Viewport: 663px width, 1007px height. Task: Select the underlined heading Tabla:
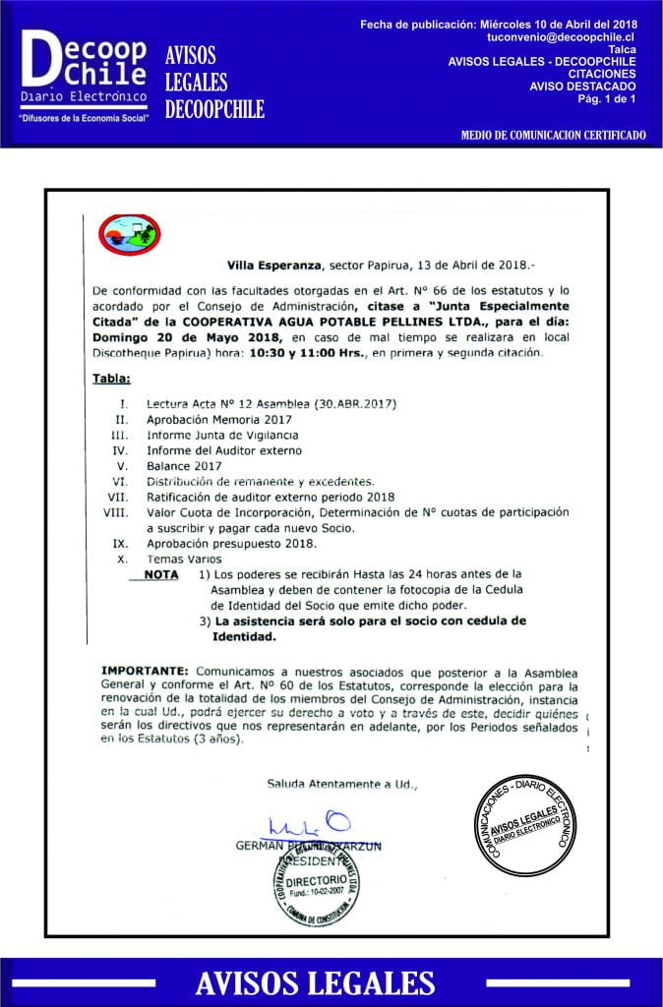pyautogui.click(x=111, y=378)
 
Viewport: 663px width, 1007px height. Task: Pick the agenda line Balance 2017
pyautogui.click(x=184, y=465)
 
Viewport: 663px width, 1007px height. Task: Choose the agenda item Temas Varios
pyautogui.click(x=182, y=559)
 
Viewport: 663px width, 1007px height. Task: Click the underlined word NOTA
pyautogui.click(x=160, y=574)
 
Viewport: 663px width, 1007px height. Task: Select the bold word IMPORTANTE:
pyautogui.click(x=146, y=669)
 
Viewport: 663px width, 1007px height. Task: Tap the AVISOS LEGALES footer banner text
pyautogui.click(x=315, y=981)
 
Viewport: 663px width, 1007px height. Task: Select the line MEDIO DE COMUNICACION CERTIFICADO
pyautogui.click(x=553, y=135)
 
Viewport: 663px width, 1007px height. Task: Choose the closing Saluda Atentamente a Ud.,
pyautogui.click(x=342, y=784)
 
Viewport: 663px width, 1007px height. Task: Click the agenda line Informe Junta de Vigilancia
pyautogui.click(x=222, y=435)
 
